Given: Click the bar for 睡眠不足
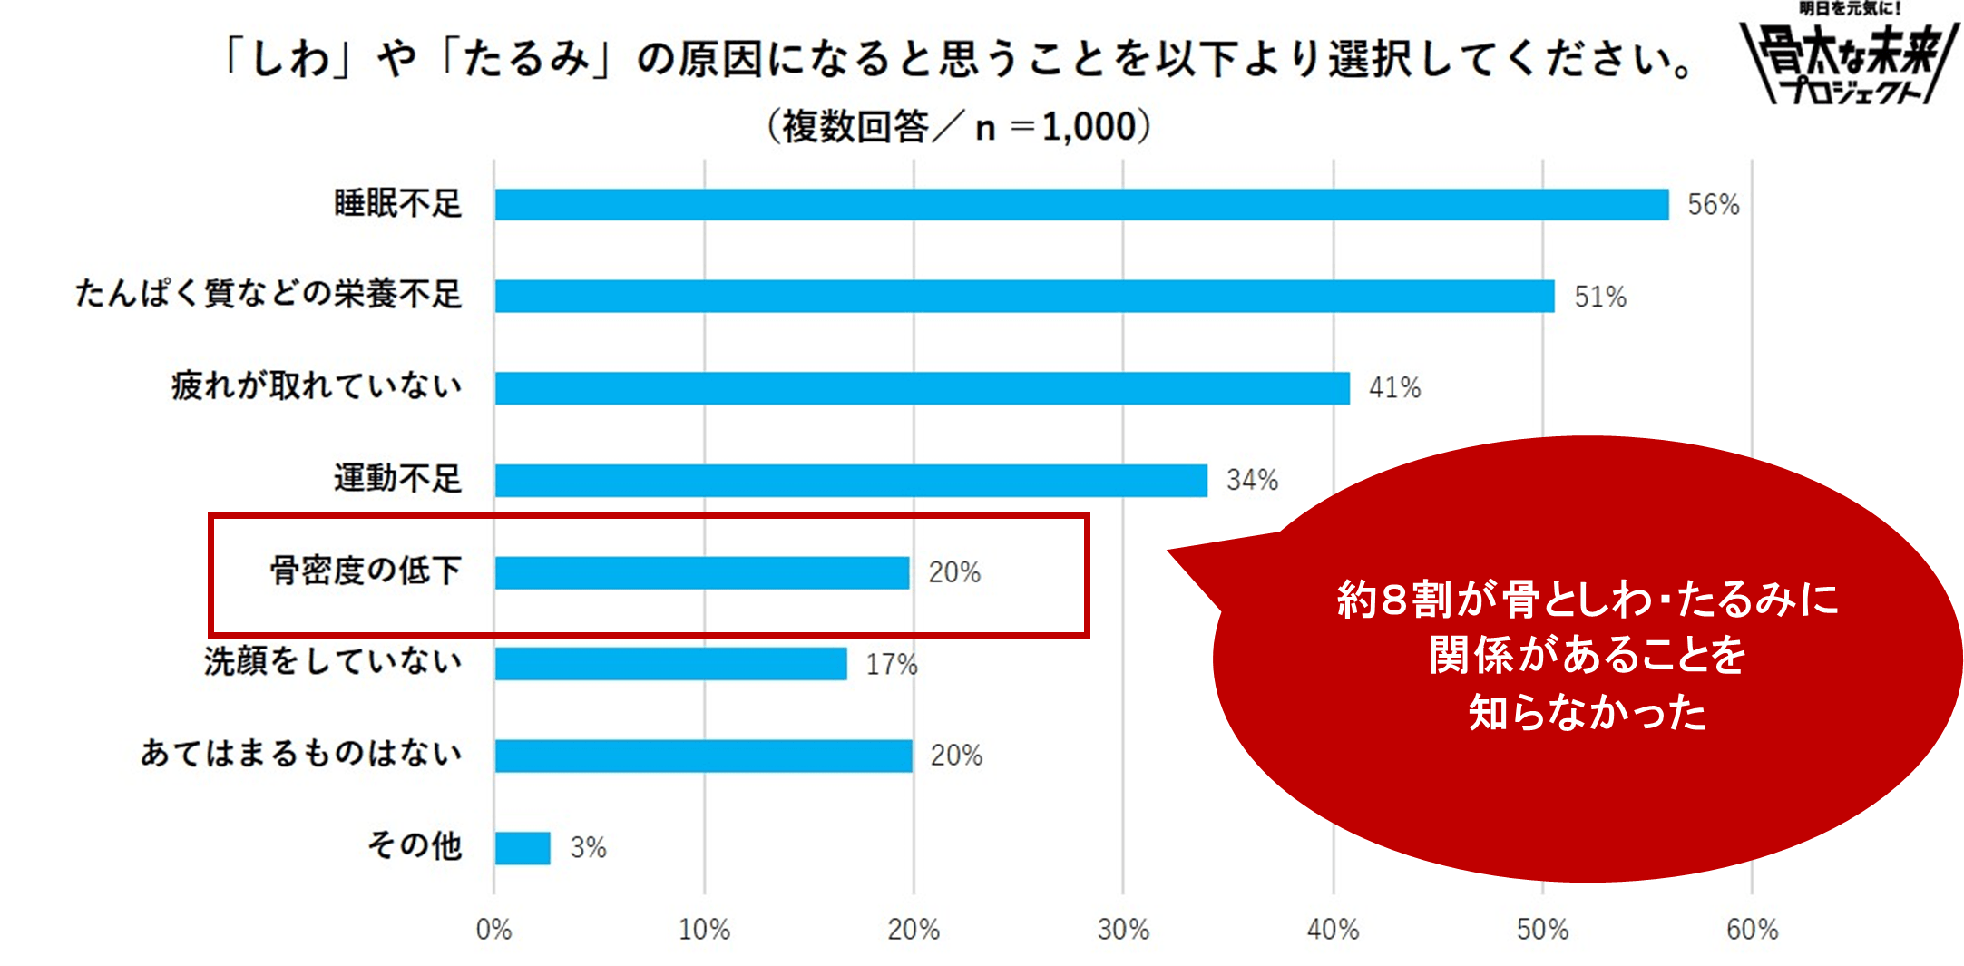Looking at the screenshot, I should (1081, 204).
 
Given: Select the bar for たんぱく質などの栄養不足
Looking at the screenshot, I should (1024, 296).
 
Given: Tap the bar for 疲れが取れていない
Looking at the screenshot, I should (922, 388).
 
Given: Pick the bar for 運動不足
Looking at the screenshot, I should (851, 480).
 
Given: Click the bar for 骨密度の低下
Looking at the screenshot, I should (701, 572).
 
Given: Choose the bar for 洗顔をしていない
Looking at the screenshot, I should (670, 664).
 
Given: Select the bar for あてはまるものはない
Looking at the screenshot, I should (703, 756).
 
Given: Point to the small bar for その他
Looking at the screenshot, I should (523, 848).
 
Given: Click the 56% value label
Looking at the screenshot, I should (1713, 205).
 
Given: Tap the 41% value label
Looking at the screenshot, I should (1394, 388).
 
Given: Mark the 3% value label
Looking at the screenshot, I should (588, 848).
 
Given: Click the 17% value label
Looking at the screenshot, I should (891, 665).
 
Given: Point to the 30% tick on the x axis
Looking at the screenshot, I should (1123, 930).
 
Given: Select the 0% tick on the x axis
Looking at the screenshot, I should (493, 930).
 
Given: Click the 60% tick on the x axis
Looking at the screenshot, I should (1752, 930).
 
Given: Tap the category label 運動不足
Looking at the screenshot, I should (397, 478).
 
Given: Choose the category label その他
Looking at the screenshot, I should (415, 845).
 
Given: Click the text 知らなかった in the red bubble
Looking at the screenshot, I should (1587, 713).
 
